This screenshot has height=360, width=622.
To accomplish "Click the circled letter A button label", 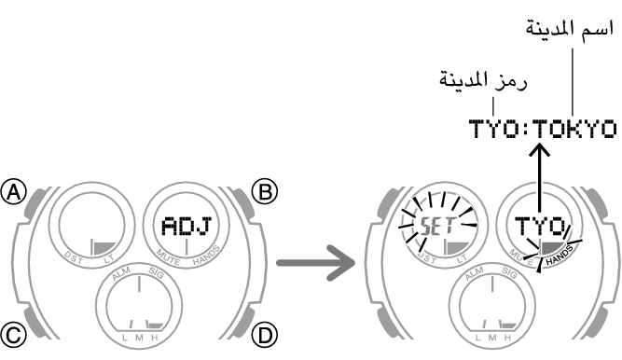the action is pyautogui.click(x=14, y=192).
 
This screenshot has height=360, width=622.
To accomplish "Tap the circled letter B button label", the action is pyautogui.click(x=267, y=192).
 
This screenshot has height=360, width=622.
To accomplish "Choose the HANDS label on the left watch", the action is pyautogui.click(x=206, y=258).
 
